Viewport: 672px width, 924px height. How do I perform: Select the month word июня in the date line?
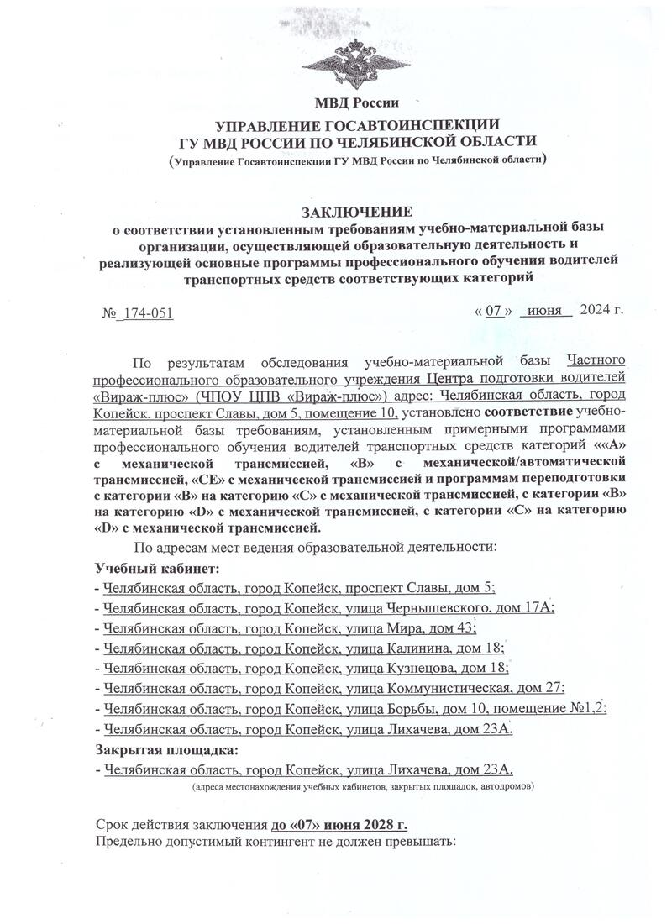point(545,310)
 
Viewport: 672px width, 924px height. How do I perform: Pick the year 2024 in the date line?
point(596,310)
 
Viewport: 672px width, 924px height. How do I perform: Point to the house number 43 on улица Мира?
point(464,627)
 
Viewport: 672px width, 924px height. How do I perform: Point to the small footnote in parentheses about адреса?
point(361,787)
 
